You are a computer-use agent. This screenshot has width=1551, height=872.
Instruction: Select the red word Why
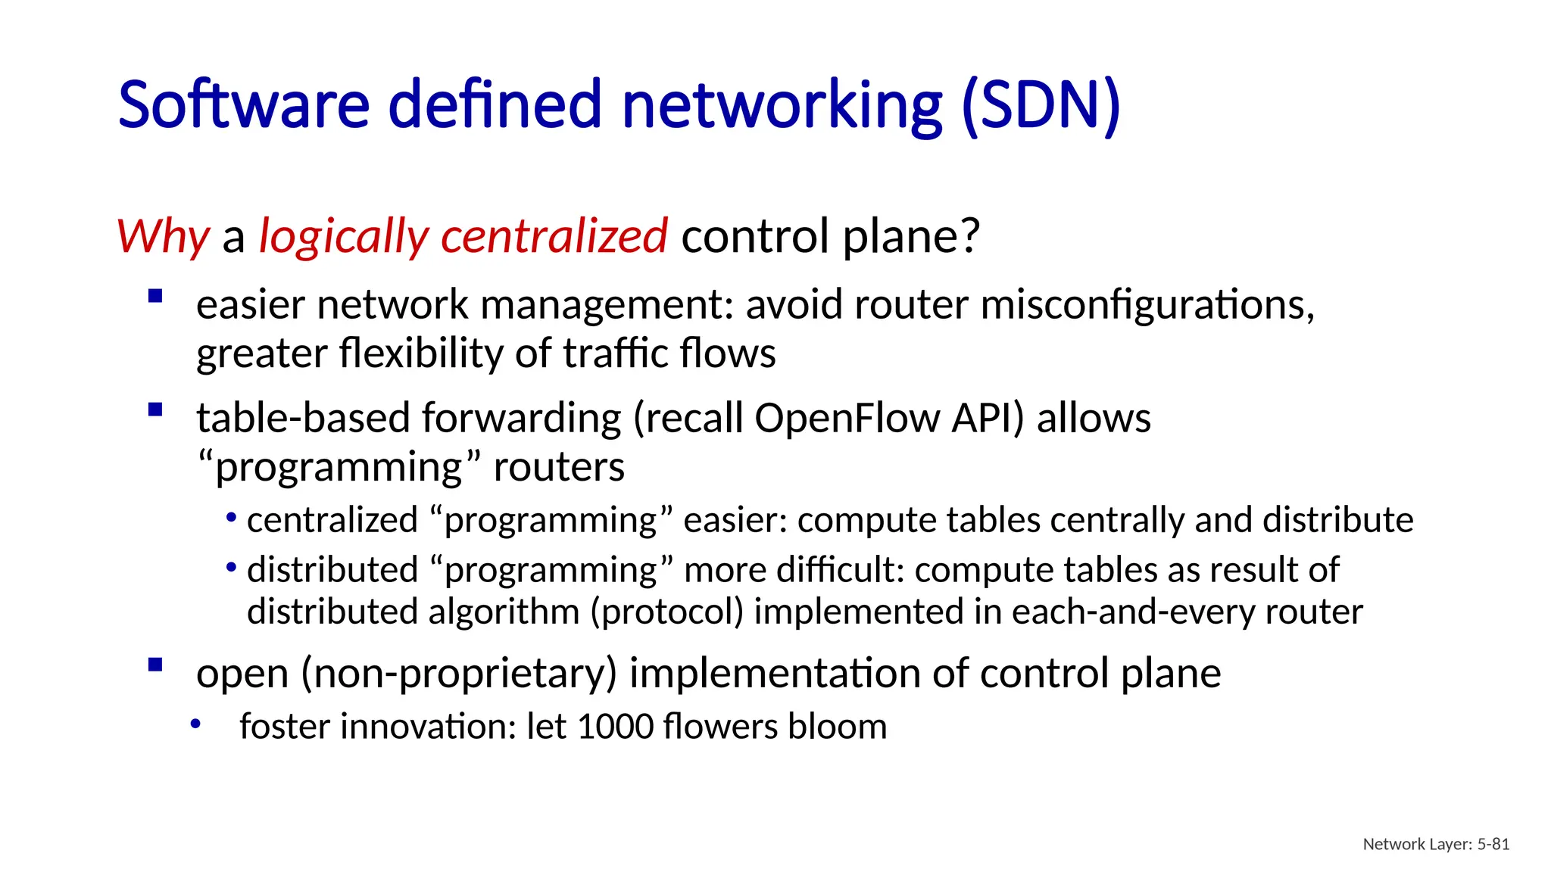pyautogui.click(x=163, y=236)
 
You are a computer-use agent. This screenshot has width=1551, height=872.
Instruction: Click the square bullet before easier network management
pyautogui.click(x=156, y=296)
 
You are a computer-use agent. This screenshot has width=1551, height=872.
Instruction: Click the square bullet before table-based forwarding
pyautogui.click(x=156, y=410)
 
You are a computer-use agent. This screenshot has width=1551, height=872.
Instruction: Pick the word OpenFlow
pyautogui.click(x=847, y=418)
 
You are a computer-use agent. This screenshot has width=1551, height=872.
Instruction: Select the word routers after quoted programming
pyautogui.click(x=559, y=467)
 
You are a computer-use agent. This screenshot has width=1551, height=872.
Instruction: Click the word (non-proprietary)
pyautogui.click(x=460, y=673)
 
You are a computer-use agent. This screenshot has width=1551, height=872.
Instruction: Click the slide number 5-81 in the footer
pyautogui.click(x=1493, y=844)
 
